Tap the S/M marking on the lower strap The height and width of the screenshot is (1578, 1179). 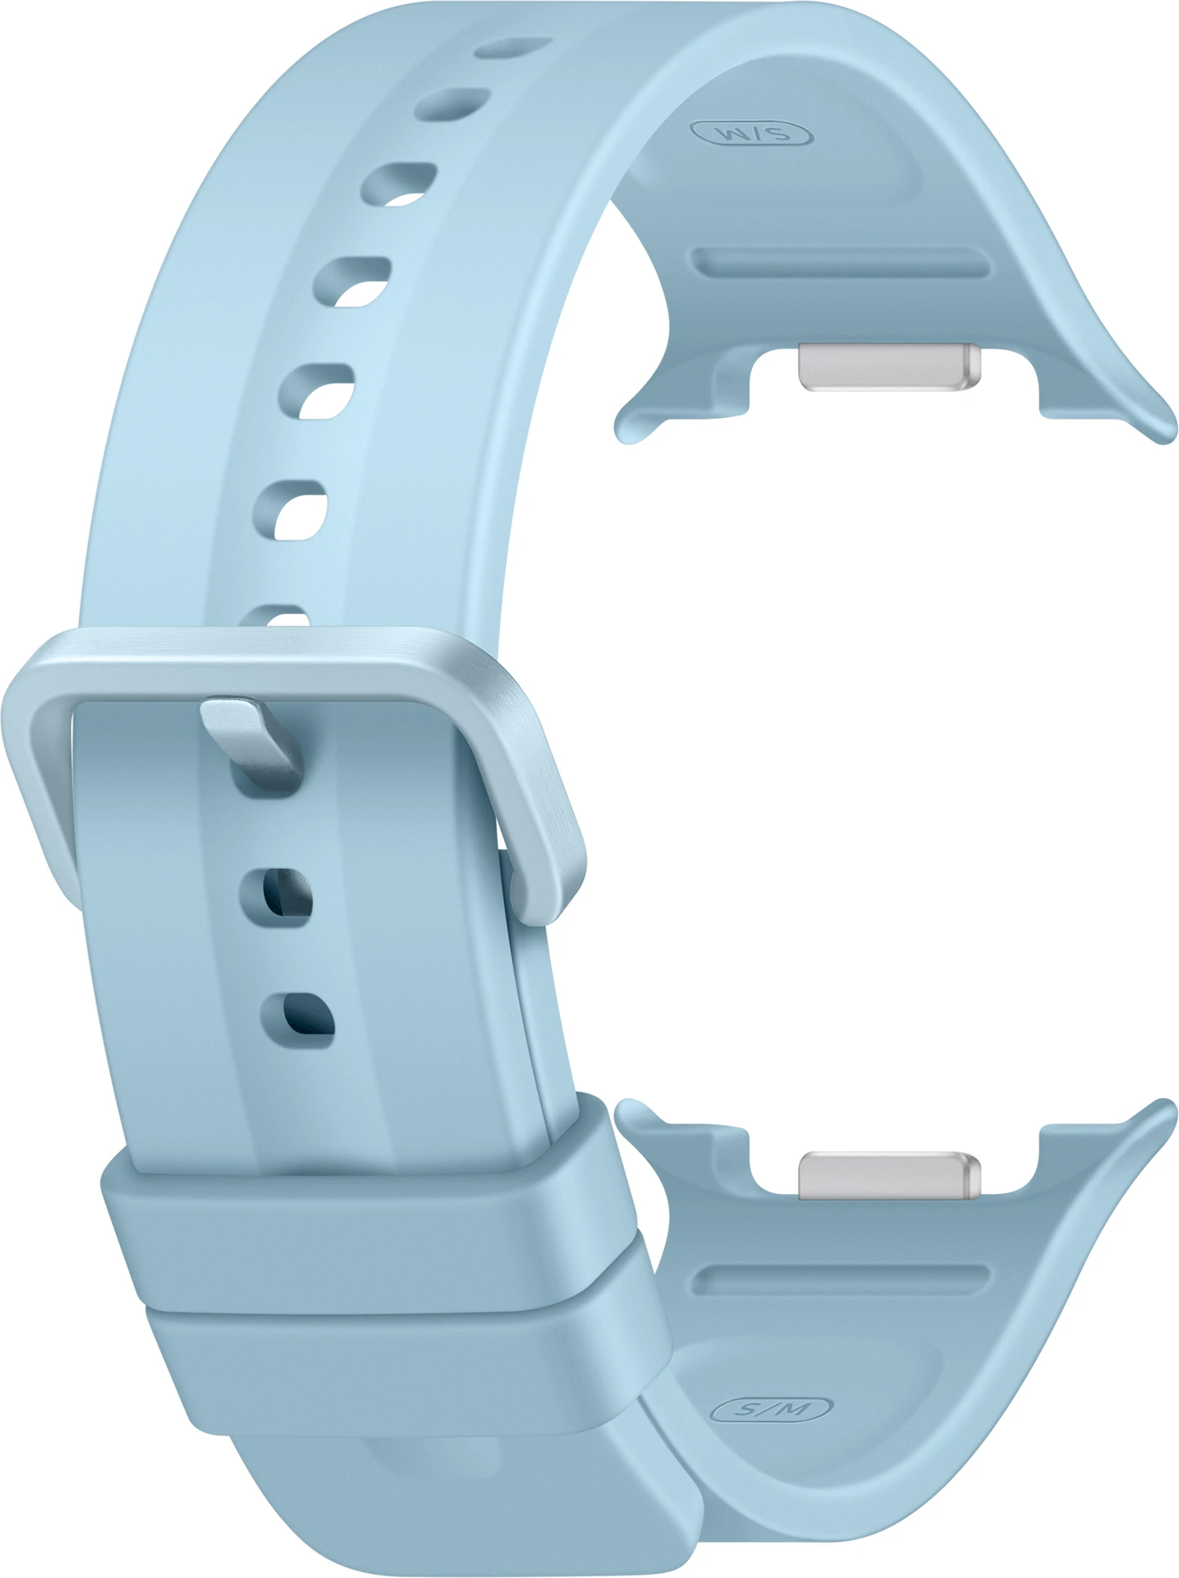[x=772, y=1408]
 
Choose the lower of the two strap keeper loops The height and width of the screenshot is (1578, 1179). [x=408, y=1371]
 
